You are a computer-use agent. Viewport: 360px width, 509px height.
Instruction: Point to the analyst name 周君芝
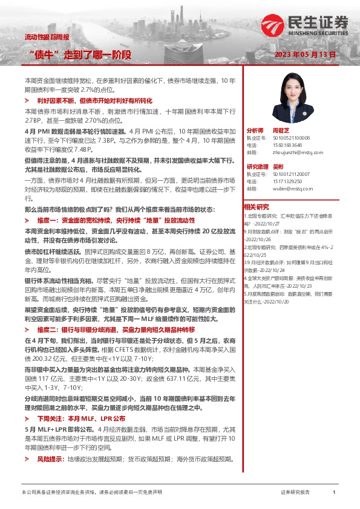pyautogui.click(x=278, y=131)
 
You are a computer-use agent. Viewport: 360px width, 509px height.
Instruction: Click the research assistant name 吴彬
pyautogui.click(x=278, y=166)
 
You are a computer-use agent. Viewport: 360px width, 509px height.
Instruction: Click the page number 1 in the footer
pyautogui.click(x=333, y=493)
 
